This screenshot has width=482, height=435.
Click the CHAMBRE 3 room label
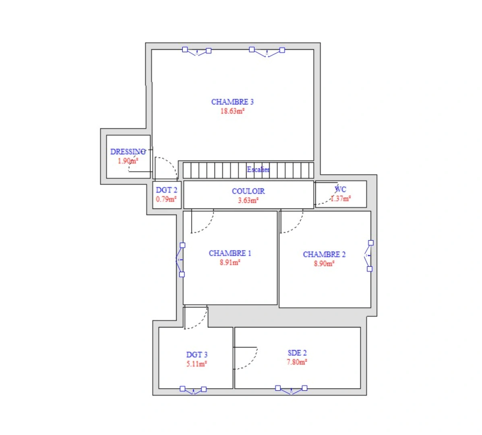pos(232,102)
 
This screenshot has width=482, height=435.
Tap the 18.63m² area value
pos(232,111)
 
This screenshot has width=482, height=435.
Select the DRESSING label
pos(128,152)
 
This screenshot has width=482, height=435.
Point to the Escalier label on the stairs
pos(258,170)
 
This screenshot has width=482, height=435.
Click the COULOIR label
pos(248,191)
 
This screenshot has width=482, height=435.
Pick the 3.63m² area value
pos(248,200)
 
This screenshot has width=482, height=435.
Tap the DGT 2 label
pos(166,190)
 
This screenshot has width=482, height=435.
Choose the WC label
pos(341,189)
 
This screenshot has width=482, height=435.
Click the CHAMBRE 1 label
pos(230,253)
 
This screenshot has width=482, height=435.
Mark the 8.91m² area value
pos(230,263)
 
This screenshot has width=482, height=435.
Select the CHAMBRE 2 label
pos(324,255)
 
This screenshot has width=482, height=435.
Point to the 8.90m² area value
pos(324,264)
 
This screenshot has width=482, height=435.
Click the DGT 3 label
pos(197,355)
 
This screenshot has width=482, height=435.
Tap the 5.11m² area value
pos(197,364)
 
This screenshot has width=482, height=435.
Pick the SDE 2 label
pos(297,353)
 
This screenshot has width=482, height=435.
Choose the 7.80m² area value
pos(297,362)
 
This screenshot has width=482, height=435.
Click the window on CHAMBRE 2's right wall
pos(369,256)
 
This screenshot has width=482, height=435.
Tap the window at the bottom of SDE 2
pos(291,389)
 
